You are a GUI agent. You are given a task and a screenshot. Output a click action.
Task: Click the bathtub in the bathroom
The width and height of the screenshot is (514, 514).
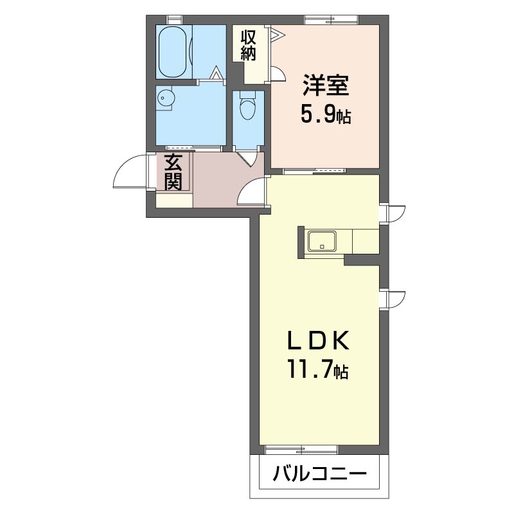[x=173, y=52]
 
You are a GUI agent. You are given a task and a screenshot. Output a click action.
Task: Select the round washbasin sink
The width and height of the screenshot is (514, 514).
[x=165, y=98]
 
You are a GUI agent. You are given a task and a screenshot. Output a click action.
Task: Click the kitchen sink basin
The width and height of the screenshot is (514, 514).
[x=322, y=241]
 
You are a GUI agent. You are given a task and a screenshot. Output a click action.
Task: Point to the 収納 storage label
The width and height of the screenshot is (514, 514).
[x=248, y=46]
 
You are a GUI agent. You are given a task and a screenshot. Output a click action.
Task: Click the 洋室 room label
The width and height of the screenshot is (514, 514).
[x=326, y=85]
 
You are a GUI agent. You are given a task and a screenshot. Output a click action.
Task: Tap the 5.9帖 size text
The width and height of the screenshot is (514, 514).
[x=326, y=115]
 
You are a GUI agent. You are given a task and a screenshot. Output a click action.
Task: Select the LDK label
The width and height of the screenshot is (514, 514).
[x=318, y=341]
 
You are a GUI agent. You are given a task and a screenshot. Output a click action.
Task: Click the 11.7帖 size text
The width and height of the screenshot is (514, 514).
[x=318, y=369]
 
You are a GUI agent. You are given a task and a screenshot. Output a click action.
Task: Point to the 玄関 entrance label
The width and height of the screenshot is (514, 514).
[x=173, y=172]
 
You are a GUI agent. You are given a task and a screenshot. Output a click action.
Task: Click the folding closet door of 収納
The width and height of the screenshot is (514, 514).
[x=276, y=34]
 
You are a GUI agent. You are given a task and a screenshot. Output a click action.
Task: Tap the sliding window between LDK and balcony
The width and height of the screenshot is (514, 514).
[x=301, y=450]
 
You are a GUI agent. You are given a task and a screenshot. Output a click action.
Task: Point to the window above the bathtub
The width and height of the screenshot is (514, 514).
[x=174, y=20]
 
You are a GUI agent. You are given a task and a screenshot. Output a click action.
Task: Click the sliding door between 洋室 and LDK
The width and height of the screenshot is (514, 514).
[x=314, y=170]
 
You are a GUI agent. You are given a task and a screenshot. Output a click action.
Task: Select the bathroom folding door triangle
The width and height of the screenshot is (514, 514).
[x=215, y=73]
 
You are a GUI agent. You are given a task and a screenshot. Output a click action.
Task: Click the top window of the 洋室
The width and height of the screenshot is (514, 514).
[x=331, y=20]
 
